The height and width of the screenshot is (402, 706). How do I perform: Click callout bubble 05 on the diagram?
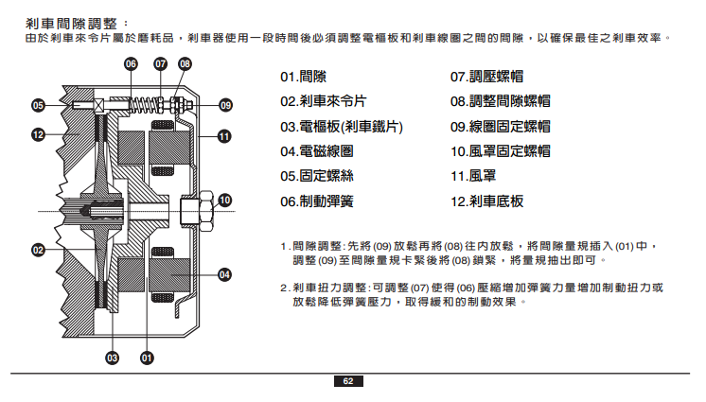39,104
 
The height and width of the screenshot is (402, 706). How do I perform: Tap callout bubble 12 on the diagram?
39,135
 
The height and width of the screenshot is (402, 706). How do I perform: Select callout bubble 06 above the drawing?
132,64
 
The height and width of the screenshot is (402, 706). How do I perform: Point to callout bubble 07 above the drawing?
160,64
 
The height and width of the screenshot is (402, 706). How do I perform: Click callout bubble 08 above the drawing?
185,64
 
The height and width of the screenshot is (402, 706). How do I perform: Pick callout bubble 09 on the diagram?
225,104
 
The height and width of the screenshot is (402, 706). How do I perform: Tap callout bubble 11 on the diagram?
225,136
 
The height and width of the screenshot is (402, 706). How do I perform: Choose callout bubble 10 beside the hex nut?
224,200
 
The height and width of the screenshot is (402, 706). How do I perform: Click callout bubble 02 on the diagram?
39,250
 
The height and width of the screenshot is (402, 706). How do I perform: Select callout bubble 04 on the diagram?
225,274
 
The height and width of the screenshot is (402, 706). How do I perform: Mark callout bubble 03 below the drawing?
112,358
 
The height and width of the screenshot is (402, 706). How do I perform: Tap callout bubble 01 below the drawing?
147,358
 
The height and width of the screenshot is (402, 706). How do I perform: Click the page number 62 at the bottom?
347,381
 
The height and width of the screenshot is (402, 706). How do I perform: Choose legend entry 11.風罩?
474,176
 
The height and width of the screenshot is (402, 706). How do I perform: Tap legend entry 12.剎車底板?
486,201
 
